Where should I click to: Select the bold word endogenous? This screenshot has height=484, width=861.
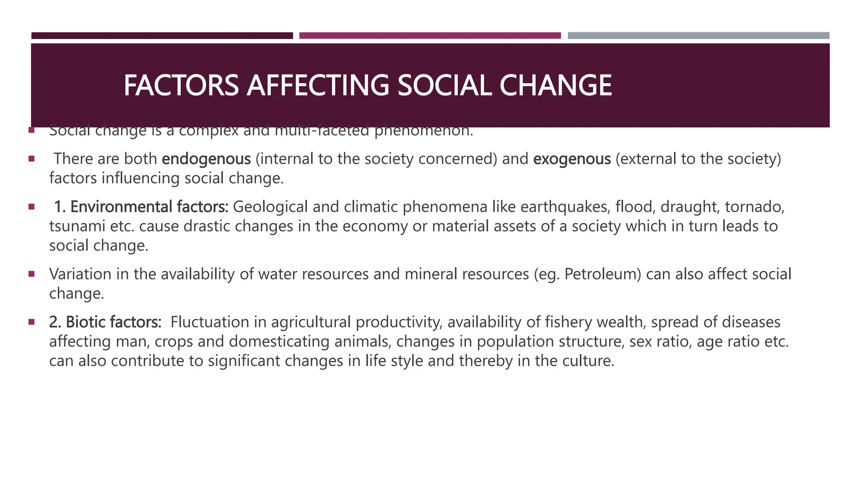pyautogui.click(x=206, y=159)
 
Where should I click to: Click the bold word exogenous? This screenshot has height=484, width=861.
pyautogui.click(x=572, y=159)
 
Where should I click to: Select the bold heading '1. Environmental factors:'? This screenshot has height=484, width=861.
pyautogui.click(x=141, y=207)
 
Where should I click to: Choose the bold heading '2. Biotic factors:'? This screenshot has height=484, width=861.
pyautogui.click(x=105, y=322)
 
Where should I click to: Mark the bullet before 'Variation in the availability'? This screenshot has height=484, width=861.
pyautogui.click(x=32, y=274)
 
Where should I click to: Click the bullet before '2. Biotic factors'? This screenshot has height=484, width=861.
pyautogui.click(x=32, y=322)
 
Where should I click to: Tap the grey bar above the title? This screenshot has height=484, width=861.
pyautogui.click(x=698, y=36)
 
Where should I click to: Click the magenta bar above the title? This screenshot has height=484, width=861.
pyautogui.click(x=430, y=36)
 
